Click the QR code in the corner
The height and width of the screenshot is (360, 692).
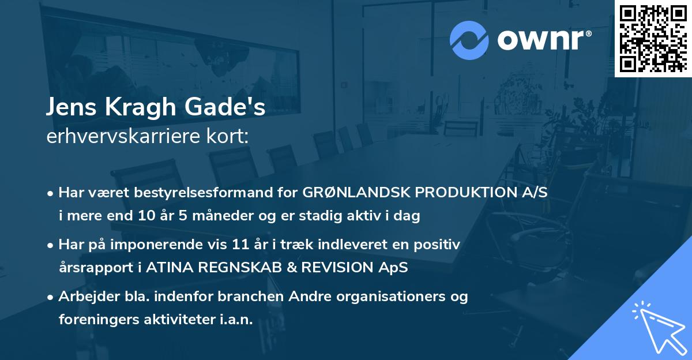point(653,38)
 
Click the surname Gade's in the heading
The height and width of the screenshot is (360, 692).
point(230,108)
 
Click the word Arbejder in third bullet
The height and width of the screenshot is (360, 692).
point(85,297)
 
